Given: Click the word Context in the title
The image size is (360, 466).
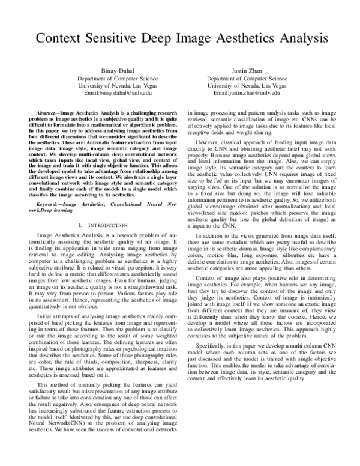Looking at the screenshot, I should pyautogui.click(x=61, y=40).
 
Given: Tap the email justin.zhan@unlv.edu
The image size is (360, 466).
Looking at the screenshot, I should pyautogui.click(x=257, y=94).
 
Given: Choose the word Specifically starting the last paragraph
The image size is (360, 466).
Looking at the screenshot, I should pyautogui.click(x=214, y=363).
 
